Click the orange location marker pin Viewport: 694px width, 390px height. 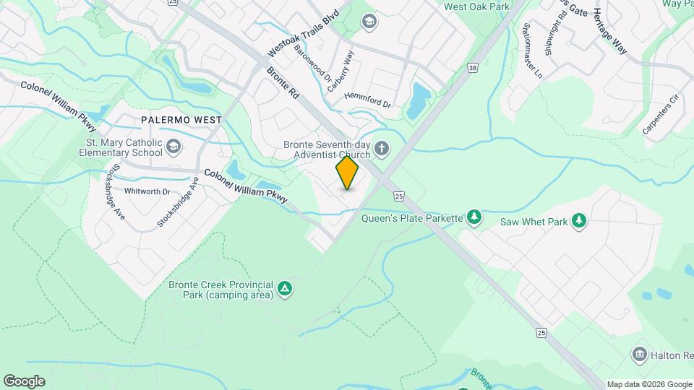click(348, 172)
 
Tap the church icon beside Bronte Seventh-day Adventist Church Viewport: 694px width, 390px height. click(382, 149)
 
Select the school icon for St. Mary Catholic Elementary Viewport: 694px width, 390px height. click(173, 147)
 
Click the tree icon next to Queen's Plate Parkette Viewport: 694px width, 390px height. click(474, 217)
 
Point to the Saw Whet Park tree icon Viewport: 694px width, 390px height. click(578, 221)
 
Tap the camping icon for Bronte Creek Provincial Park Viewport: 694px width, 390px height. click(286, 289)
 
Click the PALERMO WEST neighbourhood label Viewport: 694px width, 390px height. click(181, 118)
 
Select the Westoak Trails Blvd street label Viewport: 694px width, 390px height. click(303, 34)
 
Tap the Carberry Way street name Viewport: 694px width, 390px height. click(342, 68)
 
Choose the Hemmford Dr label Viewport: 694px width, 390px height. click(367, 100)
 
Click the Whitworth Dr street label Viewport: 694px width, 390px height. click(147, 191)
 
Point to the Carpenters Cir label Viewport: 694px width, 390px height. click(662, 115)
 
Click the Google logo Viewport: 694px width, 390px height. click(24, 381)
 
